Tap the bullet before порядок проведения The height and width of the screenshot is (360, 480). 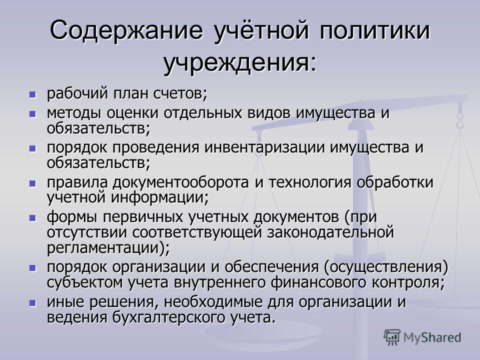(32, 149)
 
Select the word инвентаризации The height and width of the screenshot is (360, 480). (264, 147)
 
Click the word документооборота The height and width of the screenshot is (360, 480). (180, 182)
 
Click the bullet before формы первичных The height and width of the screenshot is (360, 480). (32, 218)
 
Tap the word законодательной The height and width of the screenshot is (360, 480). (330, 232)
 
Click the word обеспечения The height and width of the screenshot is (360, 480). (272, 267)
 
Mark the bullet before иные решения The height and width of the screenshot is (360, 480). (32, 303)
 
